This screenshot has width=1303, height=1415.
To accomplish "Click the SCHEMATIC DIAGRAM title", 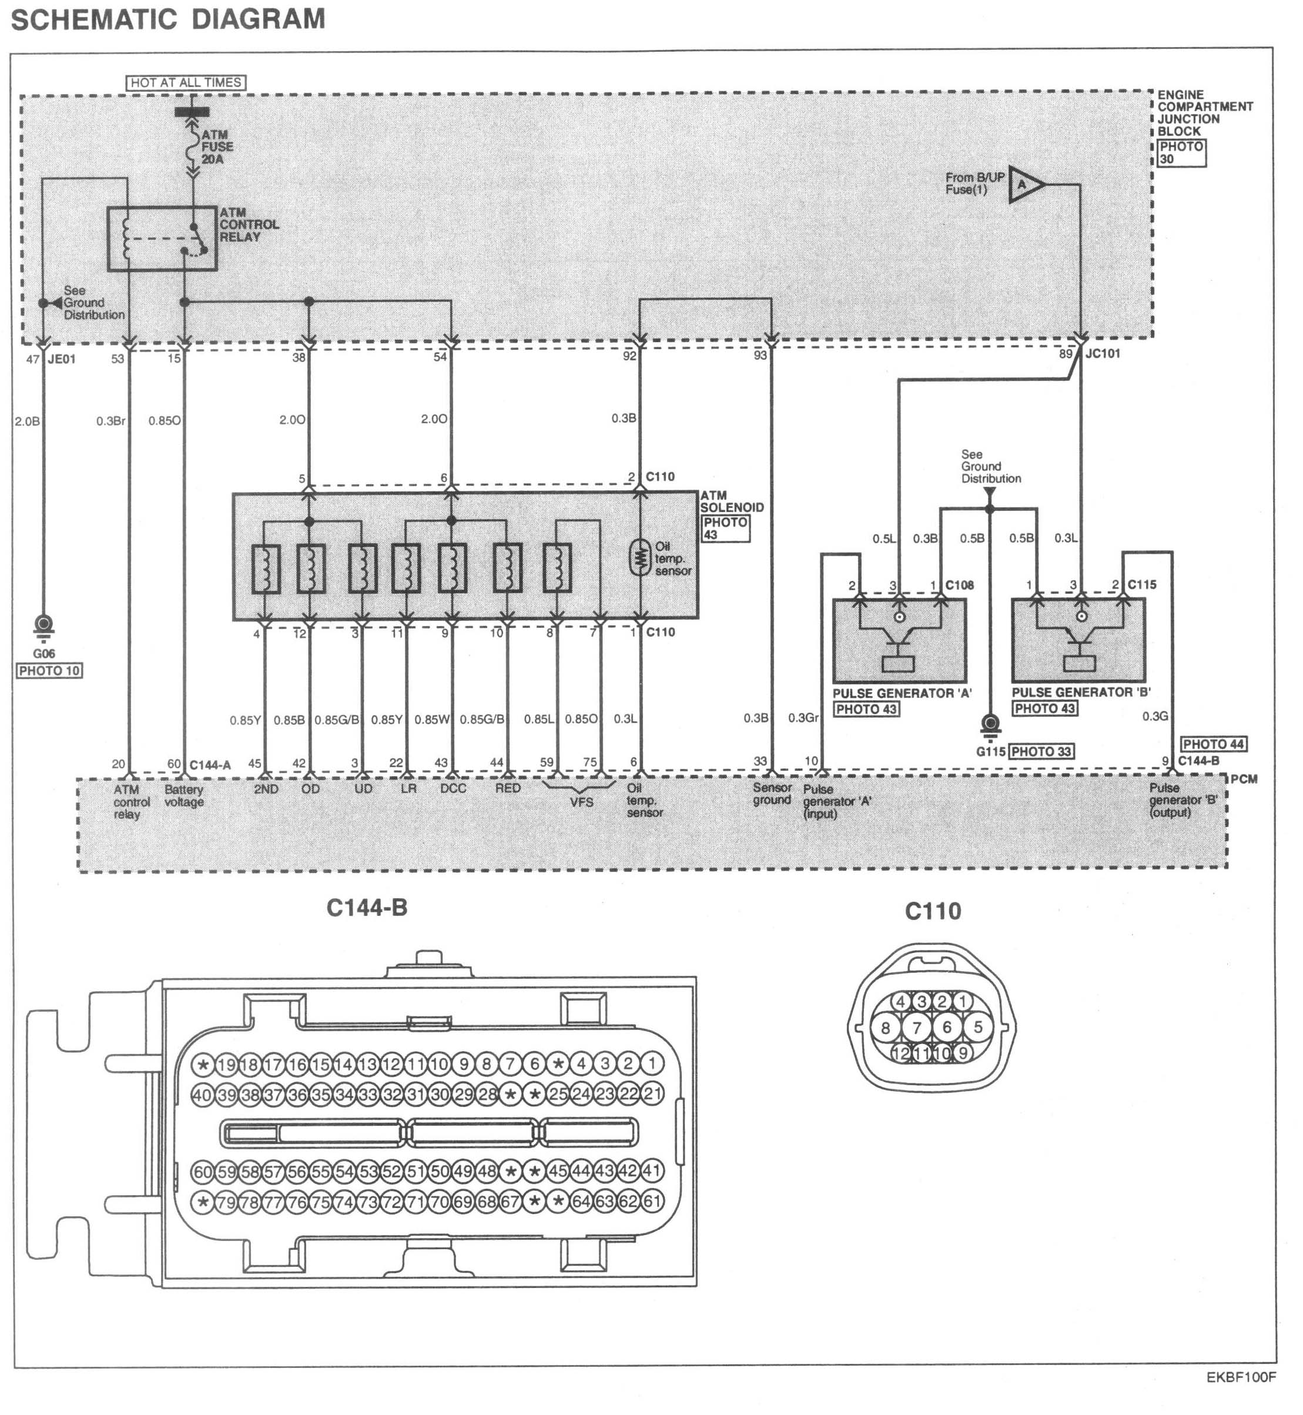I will pos(168,19).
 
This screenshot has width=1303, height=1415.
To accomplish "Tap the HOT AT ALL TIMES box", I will pos(186,82).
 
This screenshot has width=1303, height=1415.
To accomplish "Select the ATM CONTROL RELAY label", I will pos(248,225).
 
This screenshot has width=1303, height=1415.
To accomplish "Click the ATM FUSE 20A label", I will pos(216,147).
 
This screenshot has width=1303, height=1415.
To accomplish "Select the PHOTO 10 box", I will pos(49,671).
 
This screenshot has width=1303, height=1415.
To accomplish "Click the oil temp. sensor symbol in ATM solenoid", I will pos(639,557).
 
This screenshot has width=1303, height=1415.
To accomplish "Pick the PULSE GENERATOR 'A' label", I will pos(902,694).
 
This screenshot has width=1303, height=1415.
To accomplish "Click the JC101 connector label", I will pos(1102,353).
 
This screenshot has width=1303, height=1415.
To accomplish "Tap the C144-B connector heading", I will pos(367,908).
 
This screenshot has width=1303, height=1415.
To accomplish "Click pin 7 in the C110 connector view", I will pos(917,1028).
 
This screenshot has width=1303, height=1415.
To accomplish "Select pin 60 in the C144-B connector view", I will pos(202,1172).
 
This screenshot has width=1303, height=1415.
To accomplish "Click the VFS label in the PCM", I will pos(581,802).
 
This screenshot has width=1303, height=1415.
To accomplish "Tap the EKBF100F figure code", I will pos(1240,1397).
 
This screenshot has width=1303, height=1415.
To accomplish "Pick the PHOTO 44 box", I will pos(1214,744).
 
